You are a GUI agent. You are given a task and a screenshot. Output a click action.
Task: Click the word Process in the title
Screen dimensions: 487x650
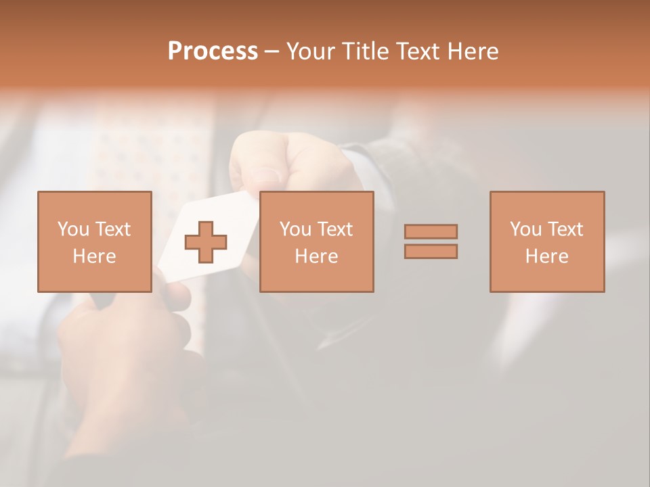pyautogui.click(x=213, y=51)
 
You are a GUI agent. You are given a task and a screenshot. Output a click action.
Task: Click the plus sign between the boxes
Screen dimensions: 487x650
pyautogui.click(x=206, y=241)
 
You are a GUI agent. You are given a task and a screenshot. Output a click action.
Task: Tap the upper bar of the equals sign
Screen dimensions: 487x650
pyautogui.click(x=431, y=231)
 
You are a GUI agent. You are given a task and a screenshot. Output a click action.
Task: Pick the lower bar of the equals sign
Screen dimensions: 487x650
pyautogui.click(x=431, y=251)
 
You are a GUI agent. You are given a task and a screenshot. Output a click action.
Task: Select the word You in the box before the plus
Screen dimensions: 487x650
pyautogui.click(x=72, y=229)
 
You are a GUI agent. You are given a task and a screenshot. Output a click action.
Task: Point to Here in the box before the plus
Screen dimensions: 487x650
pyautogui.click(x=94, y=256)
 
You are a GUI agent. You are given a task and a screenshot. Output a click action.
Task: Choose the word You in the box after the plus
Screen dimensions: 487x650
pyautogui.click(x=295, y=229)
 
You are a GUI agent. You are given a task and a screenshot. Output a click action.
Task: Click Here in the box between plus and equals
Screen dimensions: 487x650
pyautogui.click(x=316, y=256)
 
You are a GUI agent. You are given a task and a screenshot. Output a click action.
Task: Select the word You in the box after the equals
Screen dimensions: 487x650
pyautogui.click(x=525, y=229)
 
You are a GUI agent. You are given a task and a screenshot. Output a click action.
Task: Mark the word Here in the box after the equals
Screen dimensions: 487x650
pyautogui.click(x=546, y=256)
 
